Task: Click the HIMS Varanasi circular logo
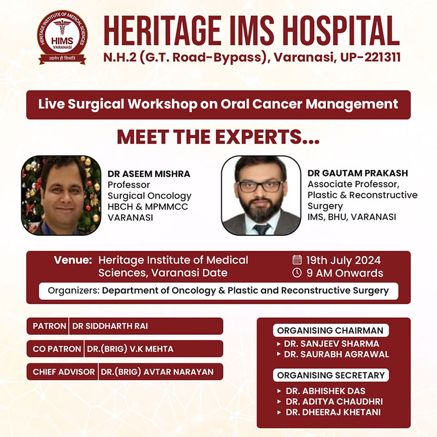tap(62, 38)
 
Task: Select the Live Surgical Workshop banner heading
tap(218, 104)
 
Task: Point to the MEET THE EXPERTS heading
tap(218, 137)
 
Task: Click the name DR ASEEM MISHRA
tap(149, 174)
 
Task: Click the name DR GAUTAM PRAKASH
tap(358, 173)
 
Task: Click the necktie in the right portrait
tap(262, 229)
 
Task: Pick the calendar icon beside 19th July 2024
tap(297, 260)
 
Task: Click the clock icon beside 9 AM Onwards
tap(297, 273)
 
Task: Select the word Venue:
tap(73, 260)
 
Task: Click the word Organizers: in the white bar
tap(74, 291)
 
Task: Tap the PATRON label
tap(49, 326)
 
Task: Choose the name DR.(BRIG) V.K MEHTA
tap(130, 349)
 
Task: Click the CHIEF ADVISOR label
tap(64, 372)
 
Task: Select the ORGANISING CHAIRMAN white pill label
tap(331, 330)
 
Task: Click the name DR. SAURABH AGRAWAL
tap(336, 354)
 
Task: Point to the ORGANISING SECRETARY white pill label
tap(331, 375)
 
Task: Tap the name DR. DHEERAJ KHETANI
tap(333, 412)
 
